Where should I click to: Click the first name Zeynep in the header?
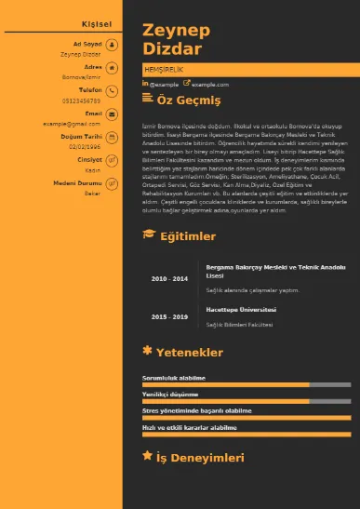pos(176,31)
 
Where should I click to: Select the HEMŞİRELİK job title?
pos(163,71)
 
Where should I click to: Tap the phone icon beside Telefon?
pos(112,90)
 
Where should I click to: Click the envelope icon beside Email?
pos(112,114)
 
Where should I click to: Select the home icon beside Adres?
pos(112,67)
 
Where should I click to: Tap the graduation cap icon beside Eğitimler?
pos(148,235)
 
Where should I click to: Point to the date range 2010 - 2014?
pos(169,278)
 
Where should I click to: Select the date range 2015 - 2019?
pos(169,317)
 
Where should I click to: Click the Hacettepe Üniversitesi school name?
pos(241,308)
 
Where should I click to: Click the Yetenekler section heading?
pos(189,353)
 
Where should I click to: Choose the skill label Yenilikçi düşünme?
pos(171,394)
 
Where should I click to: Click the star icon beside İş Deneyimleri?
pos(147,456)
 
